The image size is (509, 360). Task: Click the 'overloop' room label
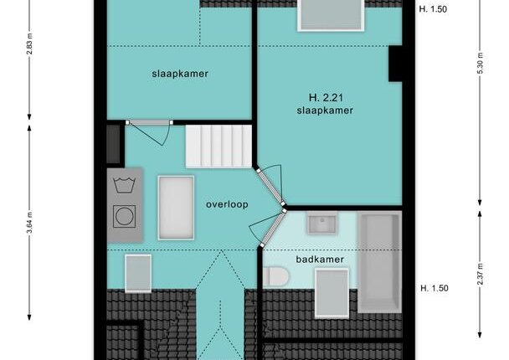[x=227, y=204]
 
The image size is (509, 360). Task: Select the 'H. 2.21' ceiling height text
[x=326, y=97]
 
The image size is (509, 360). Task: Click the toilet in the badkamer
[x=276, y=277]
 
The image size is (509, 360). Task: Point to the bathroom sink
[x=322, y=224]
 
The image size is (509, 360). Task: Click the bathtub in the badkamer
[x=379, y=262]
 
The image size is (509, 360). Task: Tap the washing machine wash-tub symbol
[x=125, y=185]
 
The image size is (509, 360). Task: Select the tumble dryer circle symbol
[x=125, y=217]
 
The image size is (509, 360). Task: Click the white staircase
[x=219, y=147]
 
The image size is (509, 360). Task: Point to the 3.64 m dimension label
[x=29, y=223]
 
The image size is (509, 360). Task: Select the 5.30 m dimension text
[x=481, y=63]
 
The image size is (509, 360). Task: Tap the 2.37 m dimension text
[x=481, y=274]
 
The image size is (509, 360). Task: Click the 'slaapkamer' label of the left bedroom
[x=180, y=74]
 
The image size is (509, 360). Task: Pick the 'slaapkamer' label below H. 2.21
[x=325, y=111]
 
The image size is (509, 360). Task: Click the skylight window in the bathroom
[x=332, y=293]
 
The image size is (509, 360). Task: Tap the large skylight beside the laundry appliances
[x=176, y=208]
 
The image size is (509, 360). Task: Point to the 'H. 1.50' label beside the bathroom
[x=434, y=288]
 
